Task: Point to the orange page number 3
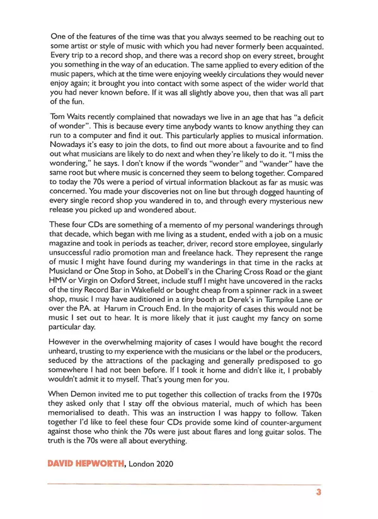pos(319,493)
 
